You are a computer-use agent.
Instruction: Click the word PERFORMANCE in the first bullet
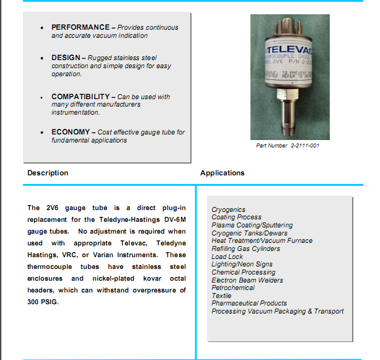click(79, 28)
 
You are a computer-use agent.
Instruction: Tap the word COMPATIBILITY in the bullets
click(80, 97)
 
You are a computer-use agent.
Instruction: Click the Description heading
click(48, 173)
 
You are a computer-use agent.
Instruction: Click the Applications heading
click(222, 173)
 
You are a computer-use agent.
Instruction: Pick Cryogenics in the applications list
click(228, 210)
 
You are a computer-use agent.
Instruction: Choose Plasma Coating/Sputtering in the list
click(252, 226)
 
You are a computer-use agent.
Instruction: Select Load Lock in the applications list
click(227, 257)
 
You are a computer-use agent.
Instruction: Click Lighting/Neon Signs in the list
click(242, 265)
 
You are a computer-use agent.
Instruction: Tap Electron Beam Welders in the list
click(247, 280)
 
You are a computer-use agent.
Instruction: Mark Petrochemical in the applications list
click(232, 288)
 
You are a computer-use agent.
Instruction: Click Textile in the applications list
click(221, 296)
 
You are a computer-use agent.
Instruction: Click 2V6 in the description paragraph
click(51, 208)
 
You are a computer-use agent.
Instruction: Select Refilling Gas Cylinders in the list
click(245, 248)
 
